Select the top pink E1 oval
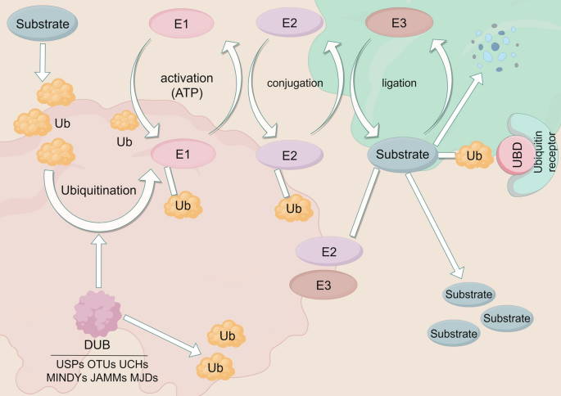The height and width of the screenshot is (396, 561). (182, 25)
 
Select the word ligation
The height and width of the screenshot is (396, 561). (400, 83)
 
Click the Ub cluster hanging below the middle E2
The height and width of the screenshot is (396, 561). (292, 209)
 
